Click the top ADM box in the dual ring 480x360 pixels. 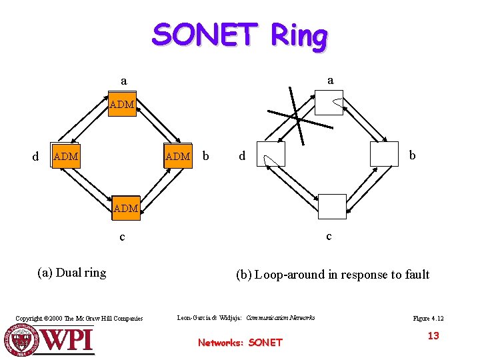[122, 105]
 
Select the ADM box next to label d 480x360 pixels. [65, 157]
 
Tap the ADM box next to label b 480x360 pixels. [178, 157]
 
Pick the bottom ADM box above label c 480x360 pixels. [125, 208]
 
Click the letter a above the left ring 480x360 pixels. [123, 81]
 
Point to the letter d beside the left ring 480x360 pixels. [36, 157]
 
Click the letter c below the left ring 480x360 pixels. [121, 237]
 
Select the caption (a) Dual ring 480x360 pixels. [72, 272]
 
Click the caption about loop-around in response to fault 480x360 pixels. [332, 274]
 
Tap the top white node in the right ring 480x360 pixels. [329, 103]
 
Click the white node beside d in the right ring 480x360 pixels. [271, 154]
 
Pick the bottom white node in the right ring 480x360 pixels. [332, 206]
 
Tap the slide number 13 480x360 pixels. [433, 336]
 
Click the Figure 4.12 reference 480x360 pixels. [428, 319]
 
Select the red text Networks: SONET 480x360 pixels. [240, 343]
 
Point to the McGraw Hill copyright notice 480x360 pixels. [79, 319]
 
